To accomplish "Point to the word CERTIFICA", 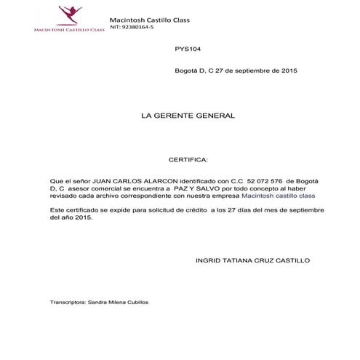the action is [x=188, y=158].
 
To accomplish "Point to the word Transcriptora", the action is [x=68, y=301].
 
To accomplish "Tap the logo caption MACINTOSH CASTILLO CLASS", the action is [x=69, y=30].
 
